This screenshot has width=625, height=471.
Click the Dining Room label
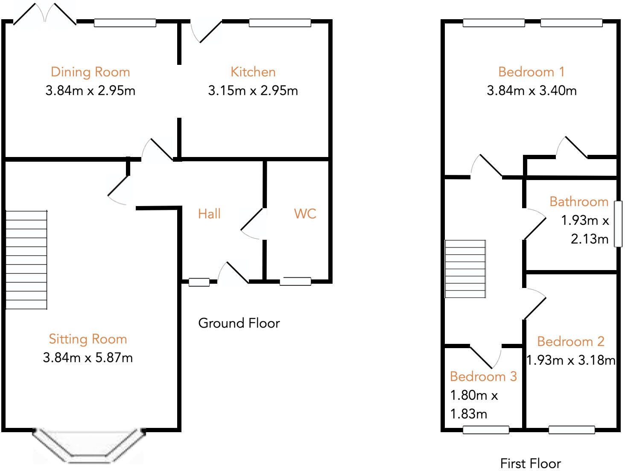click(90, 72)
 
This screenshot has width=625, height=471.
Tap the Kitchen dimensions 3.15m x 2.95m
click(253, 90)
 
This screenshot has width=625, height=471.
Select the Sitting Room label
click(88, 339)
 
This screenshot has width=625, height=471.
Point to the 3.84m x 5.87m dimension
click(88, 358)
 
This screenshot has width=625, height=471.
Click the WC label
click(305, 214)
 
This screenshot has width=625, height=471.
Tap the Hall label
click(209, 214)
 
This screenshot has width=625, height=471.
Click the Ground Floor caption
click(239, 323)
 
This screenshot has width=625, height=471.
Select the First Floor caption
click(530, 463)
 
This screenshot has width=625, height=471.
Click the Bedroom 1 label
click(532, 72)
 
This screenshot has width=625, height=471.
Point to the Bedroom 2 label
click(571, 341)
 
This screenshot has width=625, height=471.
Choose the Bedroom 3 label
click(483, 376)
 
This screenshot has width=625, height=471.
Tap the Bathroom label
click(578, 201)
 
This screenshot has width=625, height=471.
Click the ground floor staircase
click(26, 259)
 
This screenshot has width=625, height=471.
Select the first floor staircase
click(465, 269)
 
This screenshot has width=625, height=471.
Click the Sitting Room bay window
click(89, 446)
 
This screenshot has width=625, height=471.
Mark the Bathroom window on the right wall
click(618, 224)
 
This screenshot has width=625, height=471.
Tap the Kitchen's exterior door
click(207, 32)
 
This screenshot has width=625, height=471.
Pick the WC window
click(295, 281)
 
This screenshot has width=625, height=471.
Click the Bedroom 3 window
click(486, 430)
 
